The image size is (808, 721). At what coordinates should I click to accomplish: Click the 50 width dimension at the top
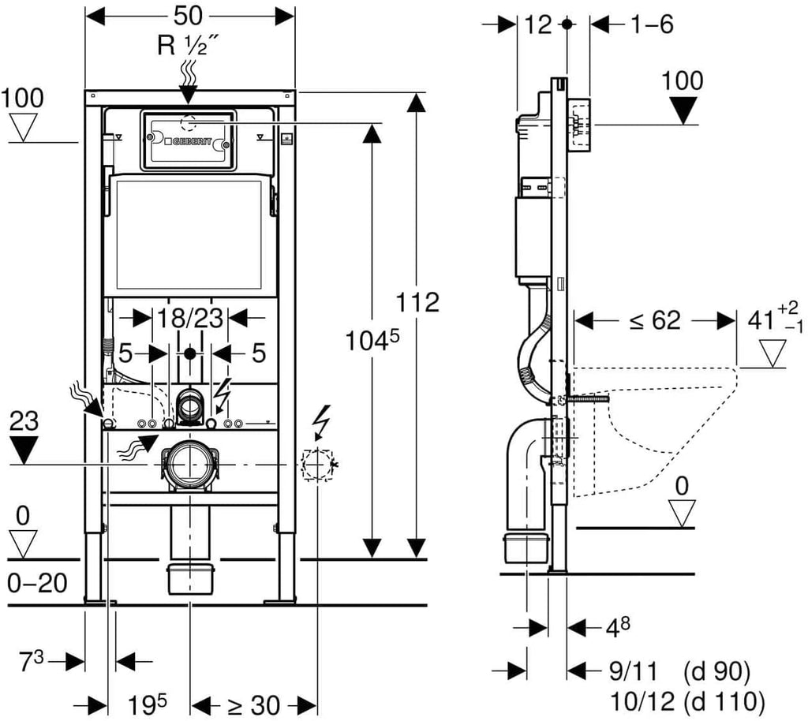coord(189,16)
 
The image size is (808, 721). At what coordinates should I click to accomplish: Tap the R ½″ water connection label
coord(188,46)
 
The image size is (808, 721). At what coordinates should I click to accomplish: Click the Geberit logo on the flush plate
coord(189,140)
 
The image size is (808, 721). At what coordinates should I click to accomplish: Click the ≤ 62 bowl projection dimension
coord(654,320)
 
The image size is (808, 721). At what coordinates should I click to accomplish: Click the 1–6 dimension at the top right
coord(651,24)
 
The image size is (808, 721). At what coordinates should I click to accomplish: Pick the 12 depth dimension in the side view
coord(537,24)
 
